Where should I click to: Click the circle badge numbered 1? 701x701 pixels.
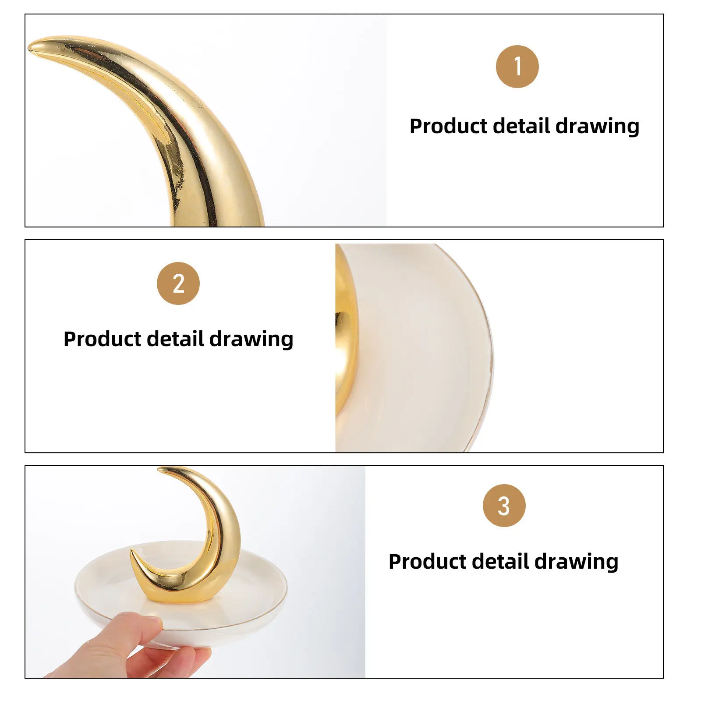[x=517, y=67]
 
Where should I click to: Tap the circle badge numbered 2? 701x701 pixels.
[x=178, y=283]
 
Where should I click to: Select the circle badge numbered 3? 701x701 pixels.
[x=504, y=506]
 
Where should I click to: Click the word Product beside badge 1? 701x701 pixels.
[x=448, y=126]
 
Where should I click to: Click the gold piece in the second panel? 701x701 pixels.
[x=345, y=333]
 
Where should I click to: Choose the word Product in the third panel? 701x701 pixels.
[x=427, y=561]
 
